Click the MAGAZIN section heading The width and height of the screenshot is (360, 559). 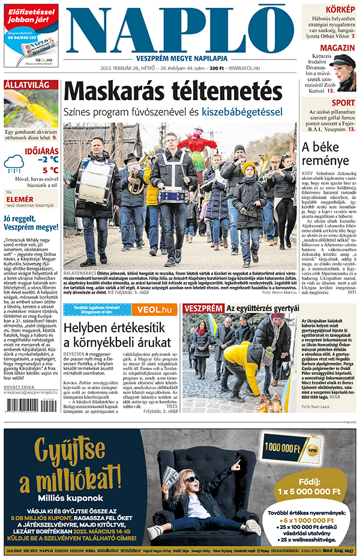point(337,47)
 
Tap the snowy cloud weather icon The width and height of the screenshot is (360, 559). point(14,162)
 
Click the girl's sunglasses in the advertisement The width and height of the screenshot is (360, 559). point(192,478)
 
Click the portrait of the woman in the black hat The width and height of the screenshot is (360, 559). point(343,72)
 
